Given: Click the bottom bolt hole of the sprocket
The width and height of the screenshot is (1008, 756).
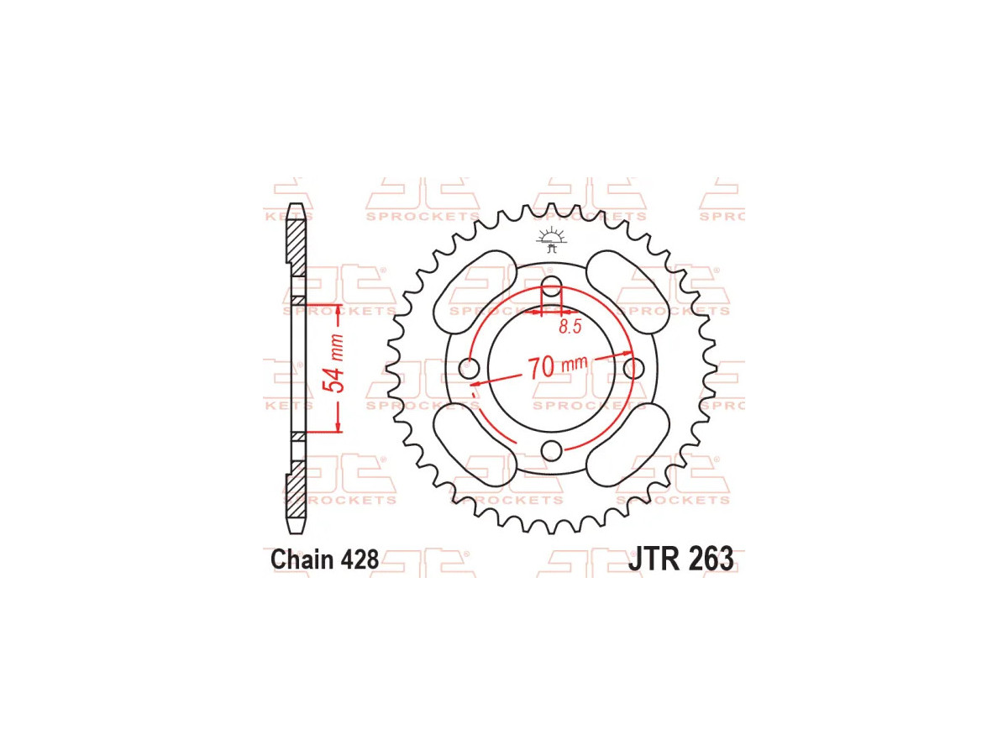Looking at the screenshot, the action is (x=551, y=450).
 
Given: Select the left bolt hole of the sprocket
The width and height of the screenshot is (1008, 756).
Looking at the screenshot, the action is (x=469, y=368).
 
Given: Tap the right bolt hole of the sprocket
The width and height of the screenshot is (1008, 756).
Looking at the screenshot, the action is (x=633, y=367).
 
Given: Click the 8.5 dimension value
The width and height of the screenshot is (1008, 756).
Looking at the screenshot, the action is (x=570, y=327).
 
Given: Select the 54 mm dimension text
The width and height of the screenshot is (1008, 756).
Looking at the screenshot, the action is (x=337, y=364).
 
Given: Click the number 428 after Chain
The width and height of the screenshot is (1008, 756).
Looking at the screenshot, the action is (x=360, y=559).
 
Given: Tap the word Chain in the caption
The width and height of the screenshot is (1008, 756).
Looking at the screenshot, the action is (x=302, y=559).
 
